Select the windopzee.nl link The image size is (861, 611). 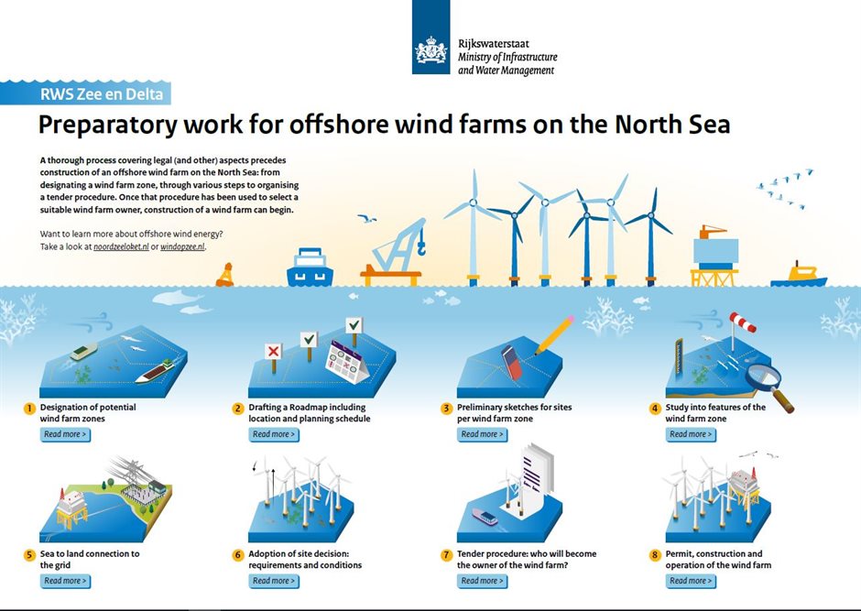(183, 247)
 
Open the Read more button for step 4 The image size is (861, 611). (691, 434)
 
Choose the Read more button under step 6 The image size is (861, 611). (274, 581)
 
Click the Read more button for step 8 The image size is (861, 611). (691, 581)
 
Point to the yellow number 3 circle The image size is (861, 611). (447, 409)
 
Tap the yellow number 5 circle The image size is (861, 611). (30, 555)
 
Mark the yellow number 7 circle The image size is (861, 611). (447, 555)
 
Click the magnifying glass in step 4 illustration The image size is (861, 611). (762, 378)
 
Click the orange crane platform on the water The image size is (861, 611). (392, 256)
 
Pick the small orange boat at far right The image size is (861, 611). (799, 275)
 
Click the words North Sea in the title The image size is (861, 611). (674, 125)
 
